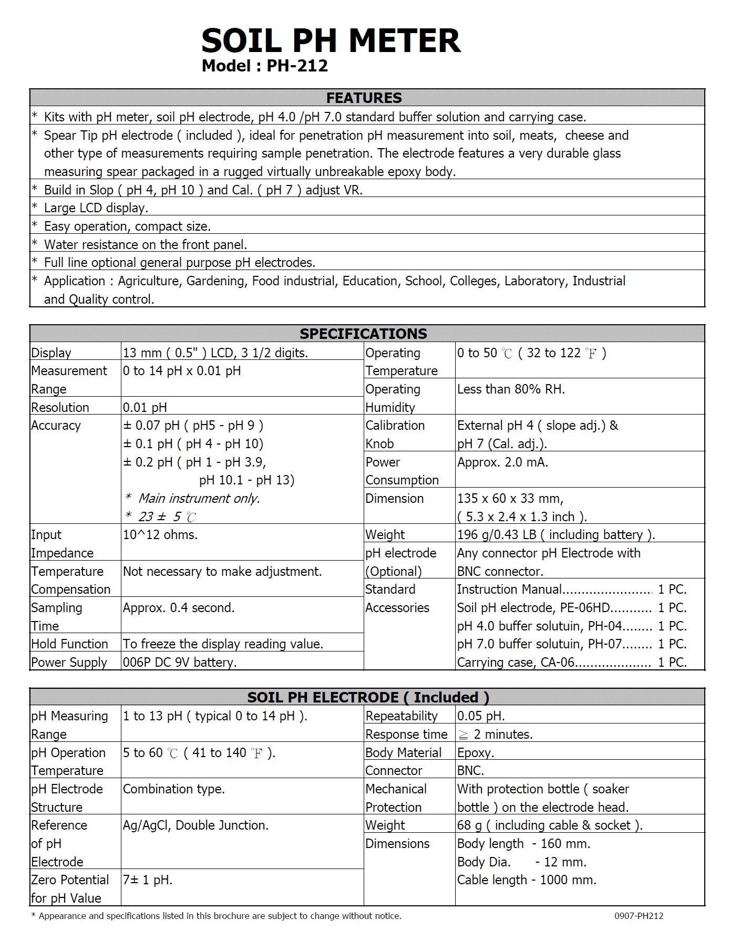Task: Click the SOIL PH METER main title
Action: tap(331, 40)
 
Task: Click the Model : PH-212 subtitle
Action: tap(264, 66)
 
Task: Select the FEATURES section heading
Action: tap(364, 98)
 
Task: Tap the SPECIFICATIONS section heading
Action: tap(363, 334)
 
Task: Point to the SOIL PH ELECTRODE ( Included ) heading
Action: tap(368, 697)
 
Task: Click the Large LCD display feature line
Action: tap(96, 208)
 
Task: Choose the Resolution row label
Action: tap(60, 407)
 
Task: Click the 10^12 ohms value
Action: tap(160, 535)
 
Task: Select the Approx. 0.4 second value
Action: tap(179, 608)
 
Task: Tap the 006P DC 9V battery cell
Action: tap(180, 662)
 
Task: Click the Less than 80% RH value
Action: tap(511, 389)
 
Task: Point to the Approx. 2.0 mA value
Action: tap(502, 462)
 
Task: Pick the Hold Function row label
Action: tap(69, 644)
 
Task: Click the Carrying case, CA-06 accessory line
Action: tap(572, 663)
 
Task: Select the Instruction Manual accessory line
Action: tap(572, 590)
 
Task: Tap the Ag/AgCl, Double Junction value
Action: tap(196, 825)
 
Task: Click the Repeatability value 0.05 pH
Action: tap(481, 716)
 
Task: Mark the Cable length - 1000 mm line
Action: tap(527, 880)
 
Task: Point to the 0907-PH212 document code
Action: tap(639, 916)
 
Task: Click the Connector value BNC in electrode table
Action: tap(470, 771)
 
